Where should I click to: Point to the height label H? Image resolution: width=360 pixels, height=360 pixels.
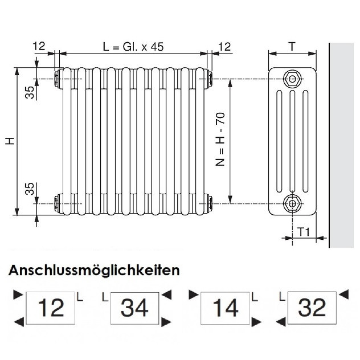pos(10,140)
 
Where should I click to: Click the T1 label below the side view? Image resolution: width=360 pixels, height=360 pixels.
pos(303,232)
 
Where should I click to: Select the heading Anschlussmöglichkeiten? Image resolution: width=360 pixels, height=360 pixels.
pos(94,270)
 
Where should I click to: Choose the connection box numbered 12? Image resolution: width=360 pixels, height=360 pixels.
pos(51,308)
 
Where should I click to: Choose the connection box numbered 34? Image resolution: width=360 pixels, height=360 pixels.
pos(136,308)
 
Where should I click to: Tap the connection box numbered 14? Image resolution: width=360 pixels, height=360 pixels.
pos(224,308)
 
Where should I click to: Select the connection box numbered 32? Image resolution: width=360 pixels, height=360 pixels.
pos(312,308)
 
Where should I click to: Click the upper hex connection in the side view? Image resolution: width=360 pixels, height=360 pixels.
pos(293,78)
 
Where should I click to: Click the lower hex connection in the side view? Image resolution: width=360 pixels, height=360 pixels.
pos(293,202)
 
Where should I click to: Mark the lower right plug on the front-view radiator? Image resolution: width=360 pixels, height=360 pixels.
pos(209,202)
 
